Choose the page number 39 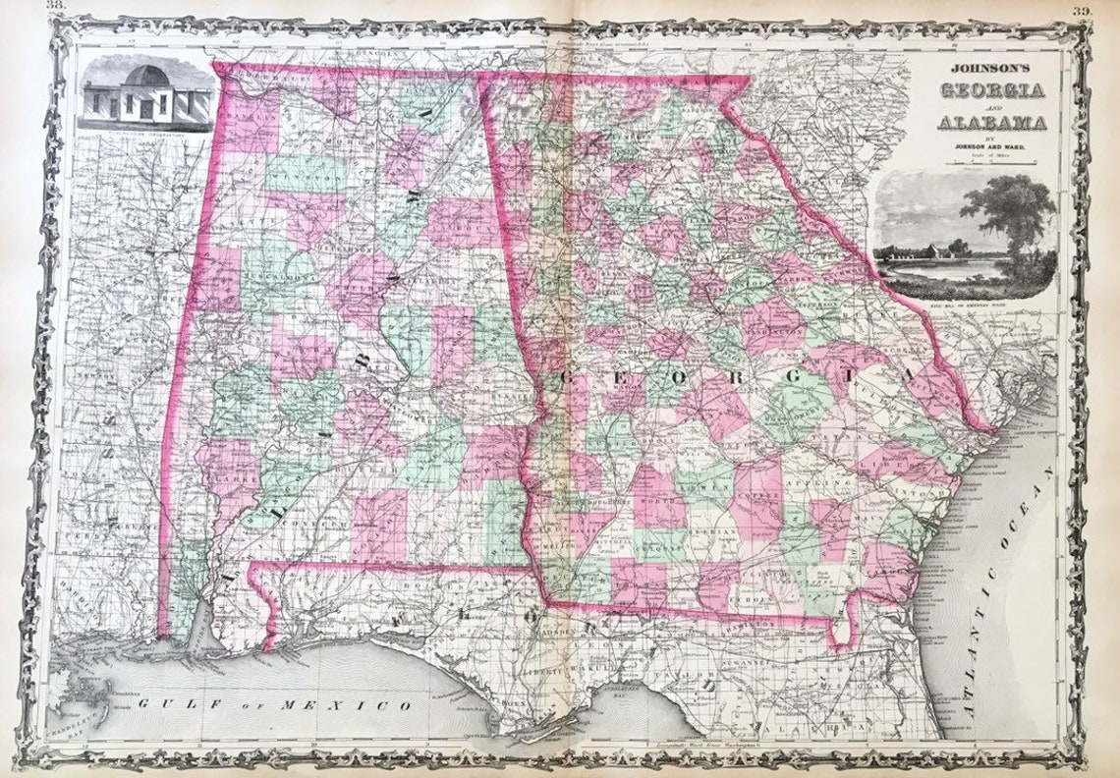(1081, 10)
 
